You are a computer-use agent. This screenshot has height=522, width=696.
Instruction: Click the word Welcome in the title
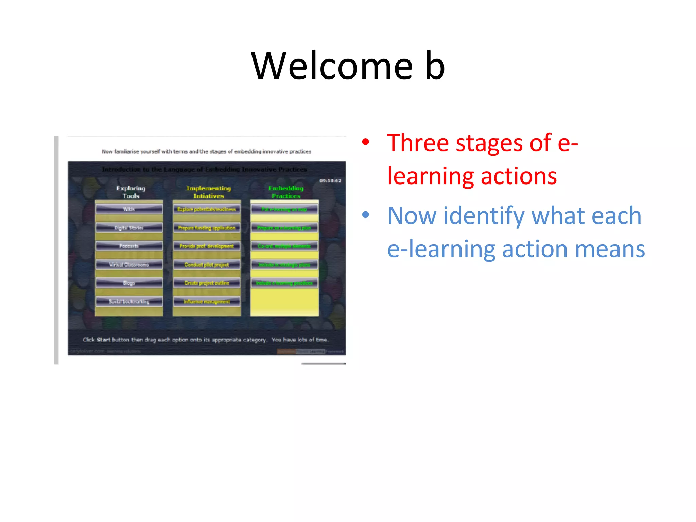coord(332,66)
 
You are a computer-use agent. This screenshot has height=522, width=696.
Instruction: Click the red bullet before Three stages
coord(365,142)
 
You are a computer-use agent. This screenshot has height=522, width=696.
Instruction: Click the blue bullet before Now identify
coord(365,215)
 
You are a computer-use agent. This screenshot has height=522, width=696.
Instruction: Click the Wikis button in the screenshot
coord(129,209)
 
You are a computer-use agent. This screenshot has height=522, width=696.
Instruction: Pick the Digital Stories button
coord(129,228)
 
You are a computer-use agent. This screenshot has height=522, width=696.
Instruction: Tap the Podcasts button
coord(129,246)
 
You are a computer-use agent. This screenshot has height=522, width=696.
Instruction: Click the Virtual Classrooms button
coord(129,265)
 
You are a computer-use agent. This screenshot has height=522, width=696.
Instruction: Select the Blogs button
coord(129,283)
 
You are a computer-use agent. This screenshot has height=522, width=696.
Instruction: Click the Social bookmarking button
coord(129,301)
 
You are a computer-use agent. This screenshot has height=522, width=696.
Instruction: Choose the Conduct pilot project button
coord(207,265)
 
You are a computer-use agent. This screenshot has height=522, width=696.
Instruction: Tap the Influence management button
coord(207,301)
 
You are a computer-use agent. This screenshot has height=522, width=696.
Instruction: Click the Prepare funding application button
coord(207,228)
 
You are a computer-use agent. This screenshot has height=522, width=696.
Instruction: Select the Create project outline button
coord(207,283)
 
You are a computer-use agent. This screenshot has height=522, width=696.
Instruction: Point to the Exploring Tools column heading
coord(131,192)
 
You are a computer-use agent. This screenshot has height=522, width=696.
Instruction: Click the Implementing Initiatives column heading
coord(208,192)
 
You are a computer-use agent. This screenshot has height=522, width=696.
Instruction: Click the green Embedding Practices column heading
coord(286,192)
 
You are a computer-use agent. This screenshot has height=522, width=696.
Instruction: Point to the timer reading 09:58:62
coord(330,181)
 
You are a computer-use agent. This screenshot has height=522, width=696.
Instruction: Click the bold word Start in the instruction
coord(103,340)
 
